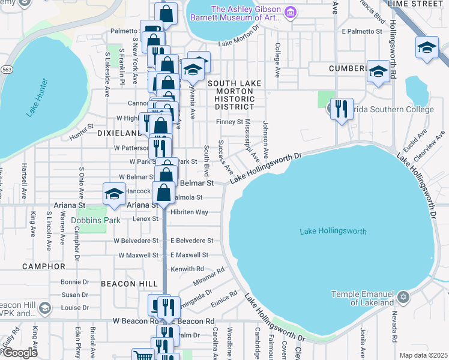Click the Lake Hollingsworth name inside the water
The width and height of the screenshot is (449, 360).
333,232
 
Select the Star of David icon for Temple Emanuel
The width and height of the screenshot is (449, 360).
403,298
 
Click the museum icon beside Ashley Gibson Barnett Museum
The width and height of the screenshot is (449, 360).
291,12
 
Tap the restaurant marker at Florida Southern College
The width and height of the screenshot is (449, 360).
341,109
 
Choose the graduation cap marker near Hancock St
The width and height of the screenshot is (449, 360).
113,194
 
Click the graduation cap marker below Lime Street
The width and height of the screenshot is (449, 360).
426,48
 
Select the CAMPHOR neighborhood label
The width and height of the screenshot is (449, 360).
43,266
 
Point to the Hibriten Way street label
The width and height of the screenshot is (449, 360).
189,212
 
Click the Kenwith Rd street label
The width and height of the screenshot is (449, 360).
187,269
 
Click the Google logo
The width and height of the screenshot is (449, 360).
20,353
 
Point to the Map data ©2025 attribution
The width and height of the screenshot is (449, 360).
423,355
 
